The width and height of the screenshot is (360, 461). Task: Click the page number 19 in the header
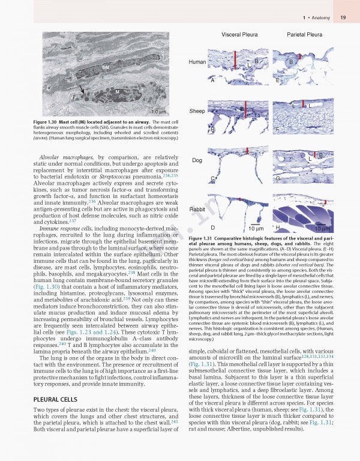click(342, 18)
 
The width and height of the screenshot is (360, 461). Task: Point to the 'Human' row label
click(197, 62)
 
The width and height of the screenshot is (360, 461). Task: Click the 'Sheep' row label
click(197, 112)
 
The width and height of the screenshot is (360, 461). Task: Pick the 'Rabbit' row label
click(197, 208)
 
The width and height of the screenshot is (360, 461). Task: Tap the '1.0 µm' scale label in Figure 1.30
click(158, 112)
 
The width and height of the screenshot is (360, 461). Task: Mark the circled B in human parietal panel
click(291, 62)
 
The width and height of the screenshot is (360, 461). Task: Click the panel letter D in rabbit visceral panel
click(212, 227)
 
